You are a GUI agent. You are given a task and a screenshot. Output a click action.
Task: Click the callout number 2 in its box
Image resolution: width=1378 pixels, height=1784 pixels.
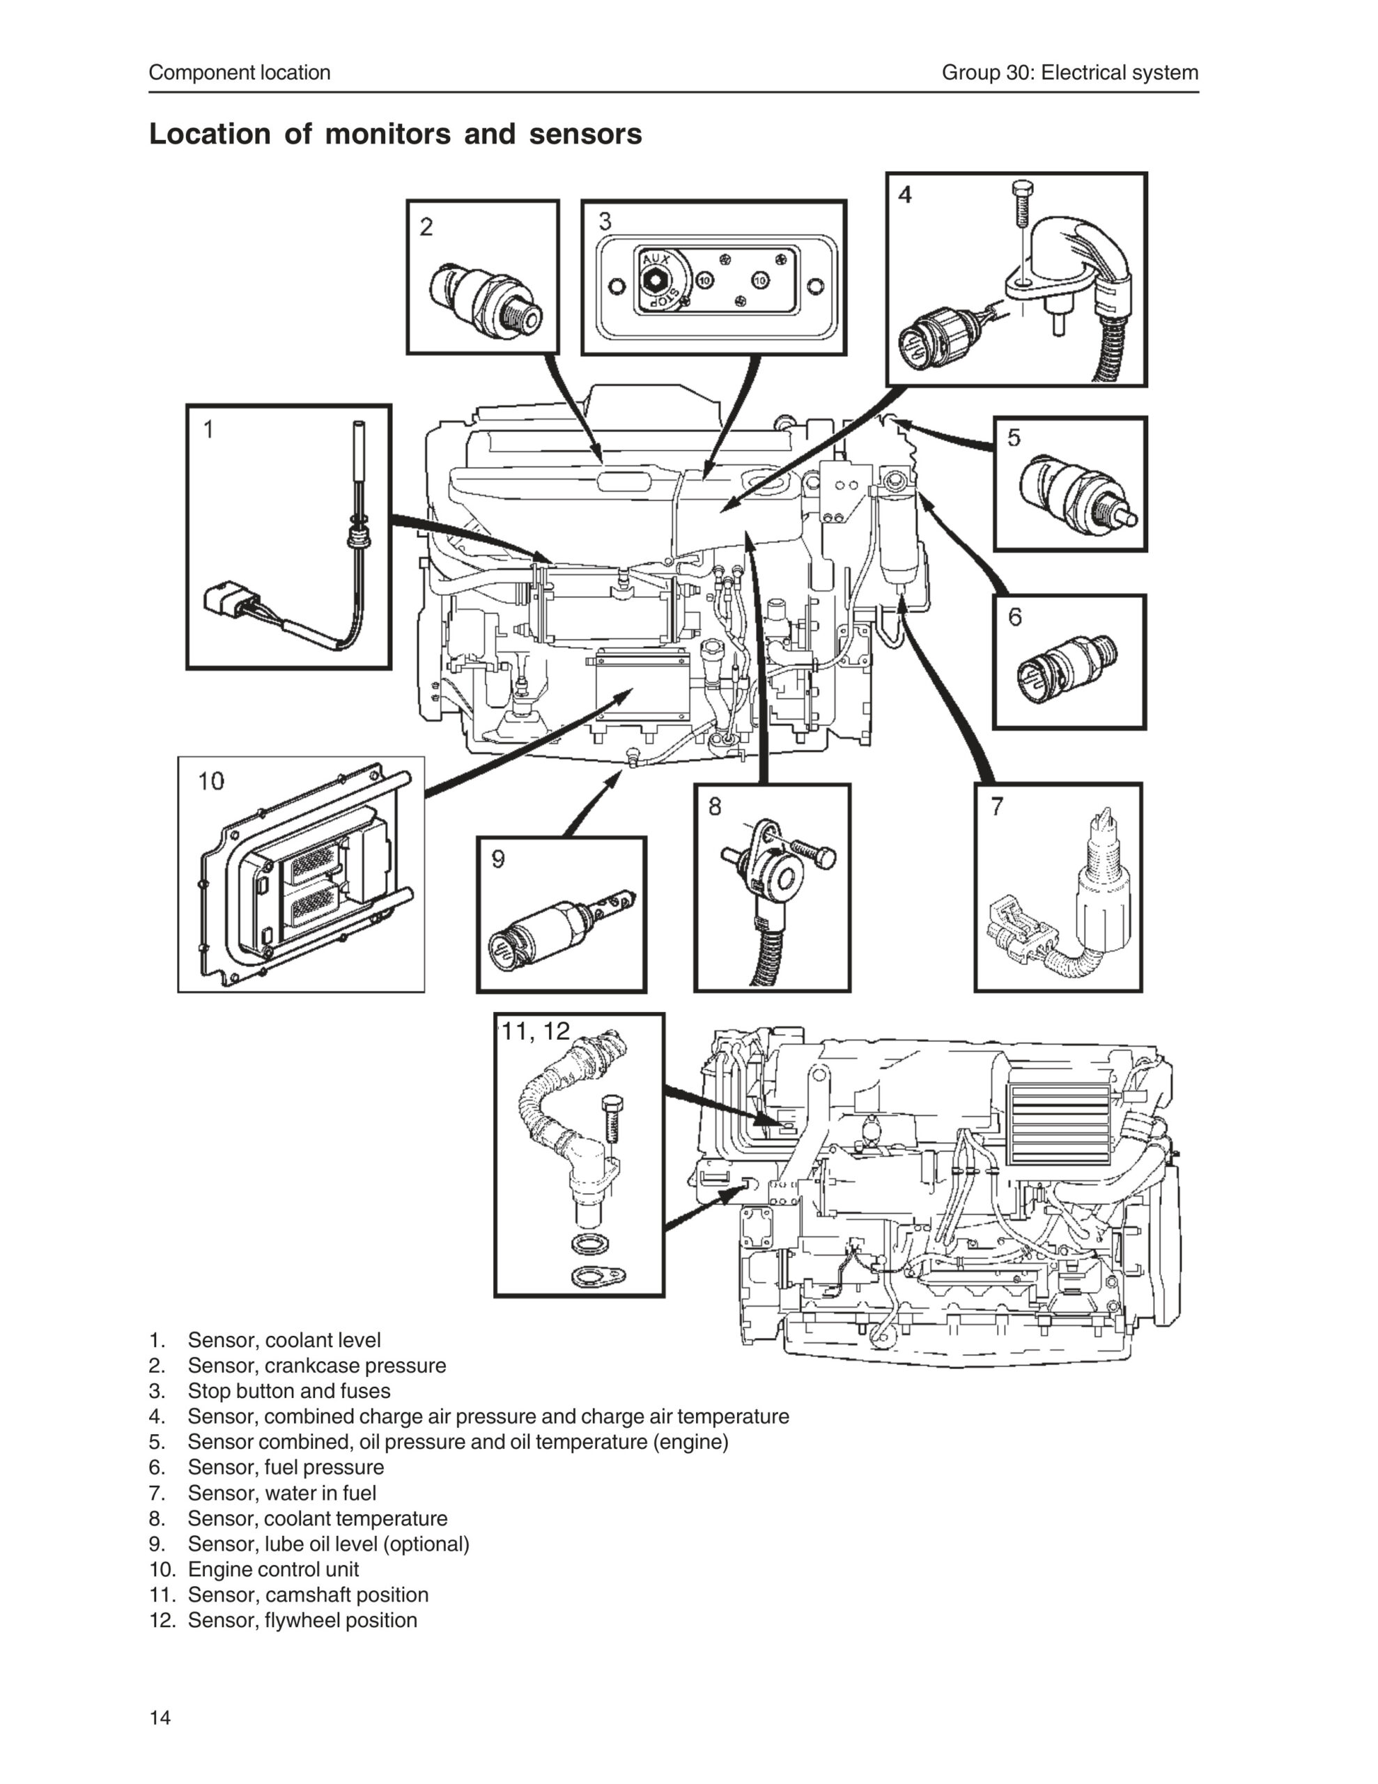point(426,226)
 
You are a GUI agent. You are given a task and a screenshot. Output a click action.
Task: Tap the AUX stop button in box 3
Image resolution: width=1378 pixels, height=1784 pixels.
point(654,280)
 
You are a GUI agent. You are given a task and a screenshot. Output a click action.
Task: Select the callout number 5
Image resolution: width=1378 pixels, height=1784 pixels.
point(1014,438)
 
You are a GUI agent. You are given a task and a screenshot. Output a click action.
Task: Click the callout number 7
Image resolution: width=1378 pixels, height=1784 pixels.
point(996,807)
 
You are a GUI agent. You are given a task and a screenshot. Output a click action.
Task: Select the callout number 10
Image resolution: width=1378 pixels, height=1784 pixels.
point(211,781)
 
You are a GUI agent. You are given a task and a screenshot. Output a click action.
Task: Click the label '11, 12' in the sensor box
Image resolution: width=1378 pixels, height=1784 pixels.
point(535,1031)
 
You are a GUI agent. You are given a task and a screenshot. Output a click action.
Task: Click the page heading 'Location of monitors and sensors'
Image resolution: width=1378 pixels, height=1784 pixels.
point(395,134)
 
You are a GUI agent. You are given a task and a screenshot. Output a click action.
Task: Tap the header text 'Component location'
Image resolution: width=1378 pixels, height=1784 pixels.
point(240,72)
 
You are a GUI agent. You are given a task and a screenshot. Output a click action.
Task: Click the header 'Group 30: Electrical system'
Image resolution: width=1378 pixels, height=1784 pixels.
point(1070,72)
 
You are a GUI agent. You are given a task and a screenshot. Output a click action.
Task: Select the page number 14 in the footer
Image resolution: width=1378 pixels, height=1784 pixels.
point(160,1717)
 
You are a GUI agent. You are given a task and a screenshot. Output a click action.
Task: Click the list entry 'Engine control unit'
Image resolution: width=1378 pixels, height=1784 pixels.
point(273,1569)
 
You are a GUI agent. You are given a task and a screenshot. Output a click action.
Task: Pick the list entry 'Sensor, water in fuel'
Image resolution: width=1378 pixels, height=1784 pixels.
point(282,1493)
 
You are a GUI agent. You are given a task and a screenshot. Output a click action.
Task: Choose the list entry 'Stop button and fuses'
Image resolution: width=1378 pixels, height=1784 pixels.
point(289,1391)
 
